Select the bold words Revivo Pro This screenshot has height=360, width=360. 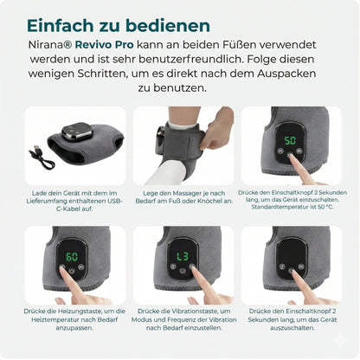105,45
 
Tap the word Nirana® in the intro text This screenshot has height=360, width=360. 50,45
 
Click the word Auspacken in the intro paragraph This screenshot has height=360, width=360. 286,74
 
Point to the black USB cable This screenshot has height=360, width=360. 42,157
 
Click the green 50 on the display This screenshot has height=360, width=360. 290,140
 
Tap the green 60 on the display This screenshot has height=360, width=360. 72,257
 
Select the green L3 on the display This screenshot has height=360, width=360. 183,256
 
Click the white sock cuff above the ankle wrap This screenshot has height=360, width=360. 183,125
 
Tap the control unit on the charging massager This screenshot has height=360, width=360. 77,132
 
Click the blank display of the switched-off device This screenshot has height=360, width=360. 291,253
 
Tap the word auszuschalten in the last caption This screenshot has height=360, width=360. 292,328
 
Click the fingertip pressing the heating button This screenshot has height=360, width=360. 62,268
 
